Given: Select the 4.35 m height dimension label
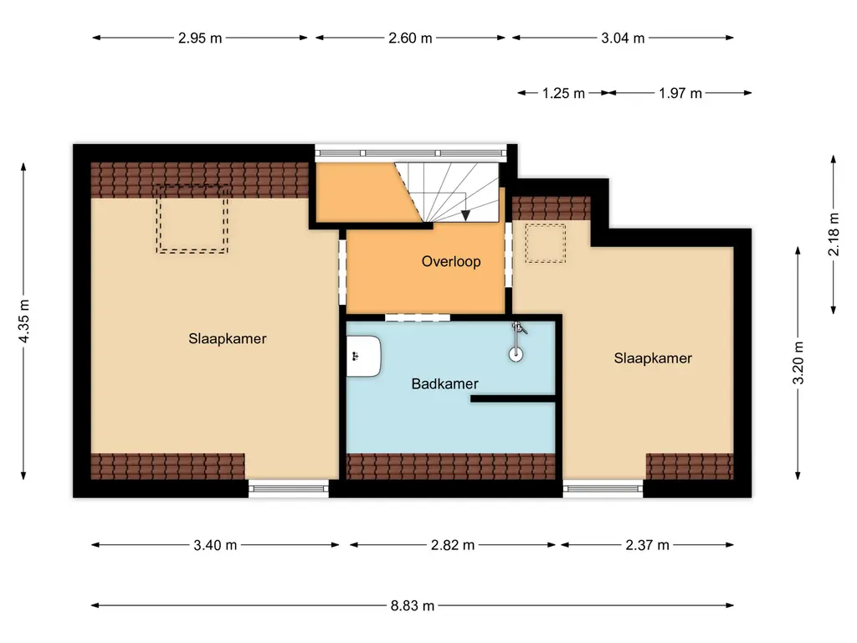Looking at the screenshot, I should click(x=25, y=321).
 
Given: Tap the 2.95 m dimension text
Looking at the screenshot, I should click(x=200, y=38).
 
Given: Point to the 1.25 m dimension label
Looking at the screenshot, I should click(x=563, y=93).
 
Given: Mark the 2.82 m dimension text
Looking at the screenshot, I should click(x=453, y=545).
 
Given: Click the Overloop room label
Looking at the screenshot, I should click(x=451, y=261).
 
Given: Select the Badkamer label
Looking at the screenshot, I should click(x=444, y=383).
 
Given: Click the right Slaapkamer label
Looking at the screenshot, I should click(x=653, y=358).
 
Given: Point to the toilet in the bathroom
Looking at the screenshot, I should click(x=364, y=354).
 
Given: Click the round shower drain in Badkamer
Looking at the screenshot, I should click(x=516, y=353).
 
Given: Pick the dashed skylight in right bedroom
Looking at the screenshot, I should click(x=545, y=243).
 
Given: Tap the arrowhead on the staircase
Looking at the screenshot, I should click(x=465, y=215).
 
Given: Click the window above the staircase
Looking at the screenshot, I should click(x=411, y=152).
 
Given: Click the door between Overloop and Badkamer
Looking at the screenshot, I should click(x=417, y=316).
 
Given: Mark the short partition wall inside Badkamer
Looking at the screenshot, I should click(x=513, y=399).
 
